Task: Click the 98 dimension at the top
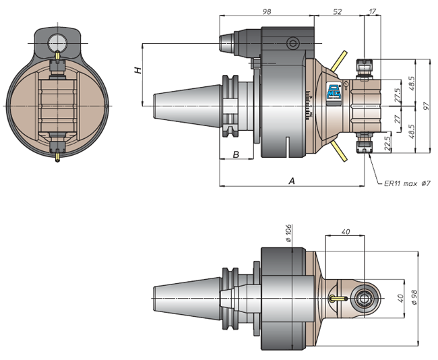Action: pyautogui.click(x=267, y=11)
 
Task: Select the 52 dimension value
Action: pyautogui.click(x=338, y=11)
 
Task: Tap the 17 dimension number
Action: pyautogui.click(x=373, y=11)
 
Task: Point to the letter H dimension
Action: pyautogui.click(x=137, y=70)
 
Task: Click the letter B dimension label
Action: pyautogui.click(x=236, y=154)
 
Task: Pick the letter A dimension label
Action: pyautogui.click(x=292, y=181)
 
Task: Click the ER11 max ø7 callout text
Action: pyautogui.click(x=407, y=183)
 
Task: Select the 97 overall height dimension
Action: pyautogui.click(x=427, y=106)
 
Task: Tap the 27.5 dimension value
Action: pyautogui.click(x=398, y=95)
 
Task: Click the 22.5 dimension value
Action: pyautogui.click(x=387, y=144)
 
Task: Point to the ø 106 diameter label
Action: pyautogui.click(x=288, y=233)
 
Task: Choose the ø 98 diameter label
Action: pyautogui.click(x=414, y=297)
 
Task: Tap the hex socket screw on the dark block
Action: pyautogui.click(x=292, y=43)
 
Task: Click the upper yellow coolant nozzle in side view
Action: pyautogui.click(x=339, y=61)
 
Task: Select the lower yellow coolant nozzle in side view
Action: pyautogui.click(x=339, y=151)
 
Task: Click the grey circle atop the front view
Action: pyautogui.click(x=57, y=43)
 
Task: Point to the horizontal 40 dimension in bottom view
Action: pyautogui.click(x=346, y=232)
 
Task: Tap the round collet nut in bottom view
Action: pyautogui.click(x=364, y=299)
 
